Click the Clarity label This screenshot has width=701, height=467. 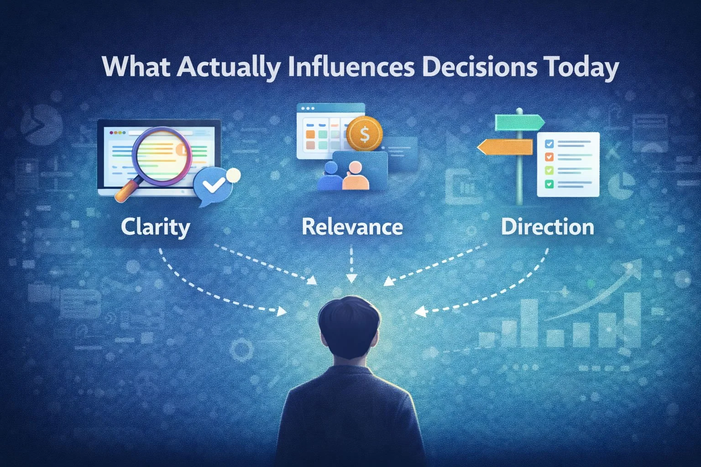[155, 227]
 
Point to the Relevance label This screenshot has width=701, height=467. [352, 227]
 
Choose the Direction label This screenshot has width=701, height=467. [547, 227]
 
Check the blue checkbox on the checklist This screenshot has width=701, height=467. [549, 144]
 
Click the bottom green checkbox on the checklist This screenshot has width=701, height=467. [549, 184]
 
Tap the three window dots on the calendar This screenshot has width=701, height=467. [305, 109]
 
